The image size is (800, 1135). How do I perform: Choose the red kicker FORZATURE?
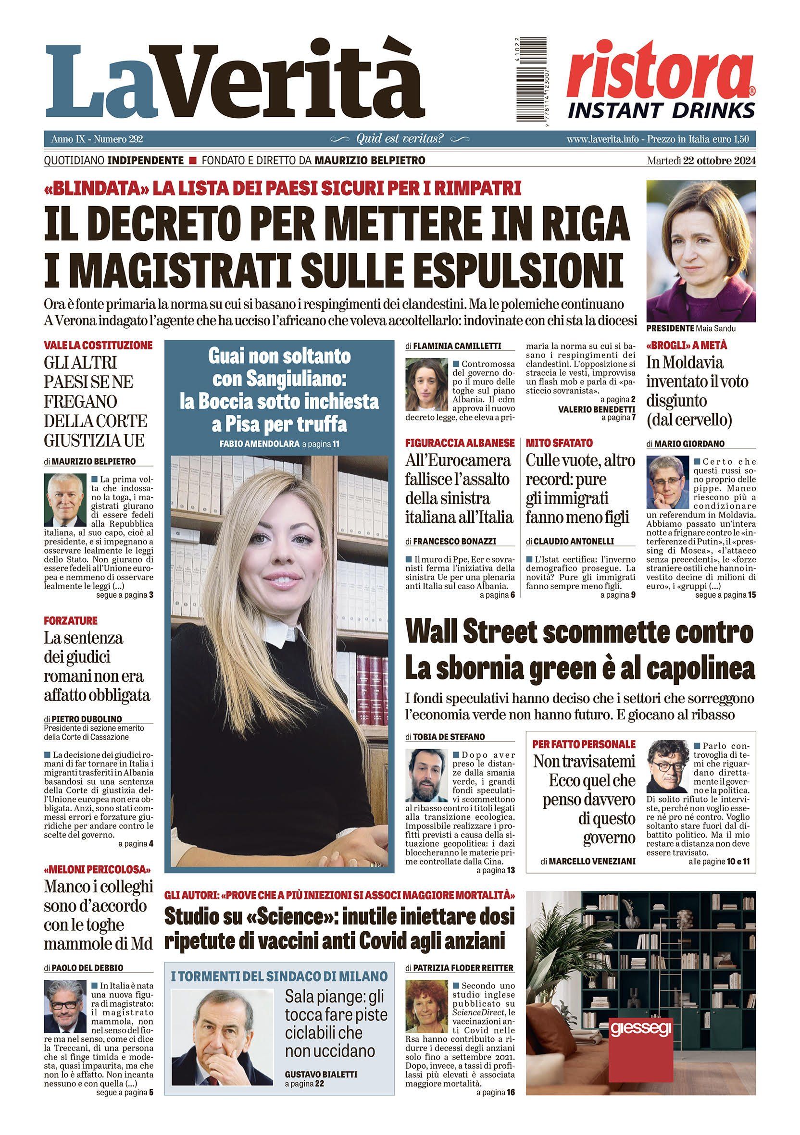71,620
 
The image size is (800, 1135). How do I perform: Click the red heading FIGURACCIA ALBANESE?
460,443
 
